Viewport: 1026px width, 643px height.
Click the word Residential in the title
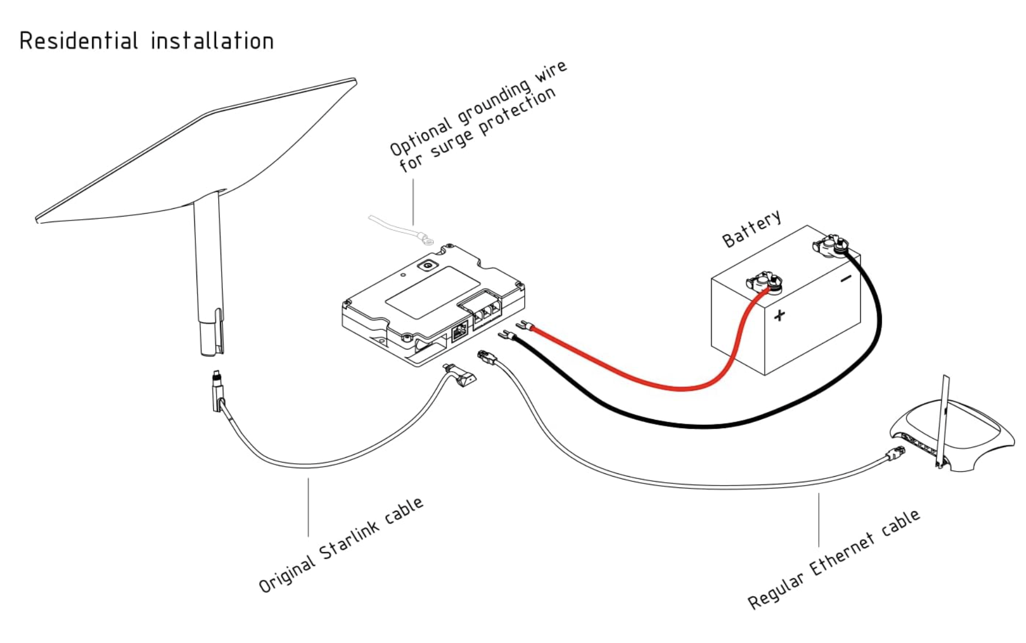pos(78,41)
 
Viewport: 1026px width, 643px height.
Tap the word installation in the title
pos(212,41)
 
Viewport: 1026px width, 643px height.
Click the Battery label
pos(751,229)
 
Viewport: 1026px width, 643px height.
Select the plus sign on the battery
pos(779,315)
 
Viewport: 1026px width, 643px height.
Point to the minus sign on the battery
pos(846,278)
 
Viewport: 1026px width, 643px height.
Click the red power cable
pos(642,380)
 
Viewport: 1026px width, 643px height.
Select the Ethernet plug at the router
pos(894,454)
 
